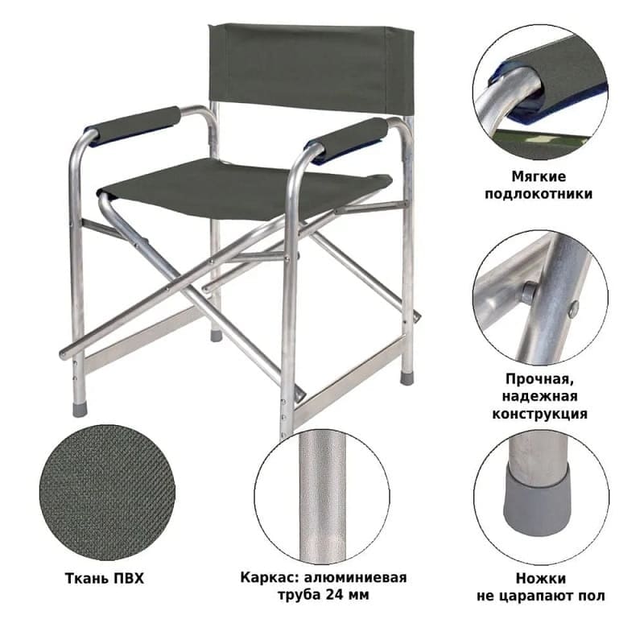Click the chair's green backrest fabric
310,68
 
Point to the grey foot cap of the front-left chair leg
80,410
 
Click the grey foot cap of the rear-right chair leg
407,378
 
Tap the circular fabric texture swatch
108,493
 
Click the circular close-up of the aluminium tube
322,496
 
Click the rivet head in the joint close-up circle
528,291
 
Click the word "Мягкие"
539,176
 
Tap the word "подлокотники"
539,194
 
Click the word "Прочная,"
539,379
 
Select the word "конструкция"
539,414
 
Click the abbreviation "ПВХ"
129,578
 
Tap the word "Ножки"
541,578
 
